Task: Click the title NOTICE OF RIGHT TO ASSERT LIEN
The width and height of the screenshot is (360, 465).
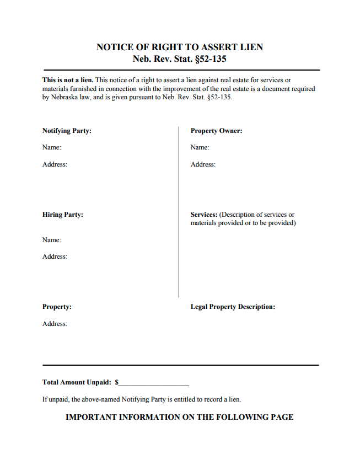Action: (x=180, y=47)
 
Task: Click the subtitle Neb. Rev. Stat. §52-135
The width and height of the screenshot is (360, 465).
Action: (x=180, y=59)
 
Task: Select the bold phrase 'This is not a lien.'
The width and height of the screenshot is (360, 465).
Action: (x=68, y=80)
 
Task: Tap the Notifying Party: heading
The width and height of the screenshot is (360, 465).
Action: (x=67, y=131)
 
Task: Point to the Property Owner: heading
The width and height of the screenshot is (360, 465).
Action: (x=217, y=131)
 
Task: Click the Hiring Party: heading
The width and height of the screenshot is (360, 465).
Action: (x=63, y=215)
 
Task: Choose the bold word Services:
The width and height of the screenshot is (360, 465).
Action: (x=204, y=215)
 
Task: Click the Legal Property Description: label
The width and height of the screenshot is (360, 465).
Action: (x=233, y=307)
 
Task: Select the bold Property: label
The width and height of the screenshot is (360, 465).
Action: (x=57, y=307)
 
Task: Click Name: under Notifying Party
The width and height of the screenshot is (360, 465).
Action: (x=52, y=147)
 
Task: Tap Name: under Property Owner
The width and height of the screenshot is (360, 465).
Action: (x=200, y=147)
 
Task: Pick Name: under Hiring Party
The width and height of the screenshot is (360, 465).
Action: (x=52, y=240)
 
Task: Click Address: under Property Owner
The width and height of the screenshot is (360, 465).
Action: (x=203, y=164)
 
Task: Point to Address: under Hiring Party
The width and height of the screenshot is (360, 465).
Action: (x=55, y=256)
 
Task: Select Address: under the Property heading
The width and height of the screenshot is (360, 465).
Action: (x=55, y=324)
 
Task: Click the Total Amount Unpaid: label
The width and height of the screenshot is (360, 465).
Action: (x=77, y=382)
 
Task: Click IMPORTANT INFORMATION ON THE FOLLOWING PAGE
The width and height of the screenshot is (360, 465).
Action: (x=180, y=417)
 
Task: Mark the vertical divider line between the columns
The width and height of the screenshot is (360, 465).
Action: (x=179, y=212)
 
